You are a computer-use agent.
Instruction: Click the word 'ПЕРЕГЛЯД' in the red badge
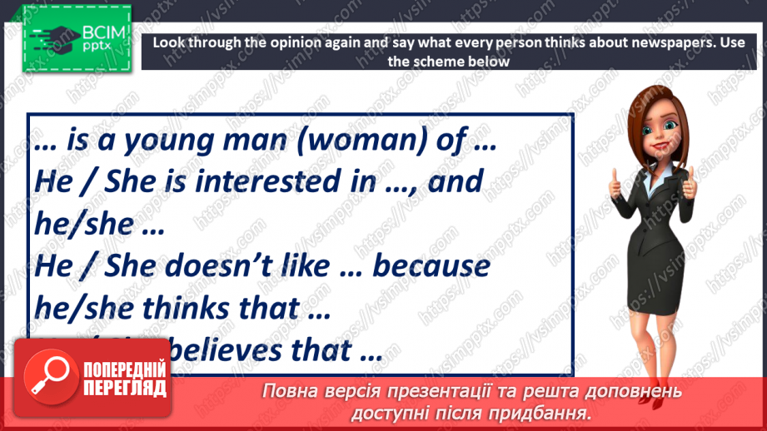pos(124,389)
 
